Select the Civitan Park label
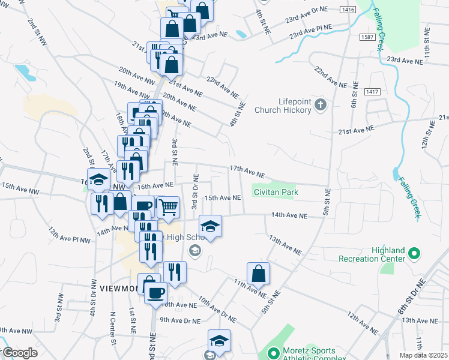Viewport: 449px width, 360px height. [276, 193]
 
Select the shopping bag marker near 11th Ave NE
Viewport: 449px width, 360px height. [258, 274]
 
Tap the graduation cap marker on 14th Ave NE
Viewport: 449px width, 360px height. [210, 226]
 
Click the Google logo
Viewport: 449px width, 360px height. [20, 353]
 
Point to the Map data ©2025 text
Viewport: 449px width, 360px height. [424, 355]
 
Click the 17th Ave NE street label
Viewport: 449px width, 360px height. [247, 172]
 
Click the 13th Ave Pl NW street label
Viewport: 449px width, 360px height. [69, 235]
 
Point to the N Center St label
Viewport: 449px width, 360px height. [112, 327]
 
